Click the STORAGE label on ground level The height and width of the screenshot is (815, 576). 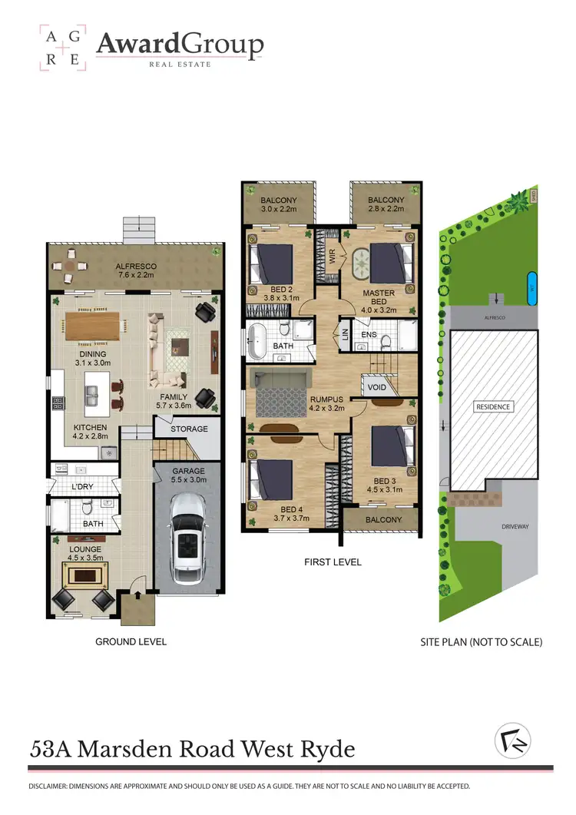[x=188, y=429]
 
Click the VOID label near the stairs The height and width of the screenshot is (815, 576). [x=377, y=388]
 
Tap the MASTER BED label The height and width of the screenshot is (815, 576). [x=379, y=297]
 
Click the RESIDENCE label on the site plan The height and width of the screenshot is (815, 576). [x=493, y=406]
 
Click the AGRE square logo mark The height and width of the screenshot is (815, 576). [x=63, y=48]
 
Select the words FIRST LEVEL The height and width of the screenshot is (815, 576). [x=332, y=562]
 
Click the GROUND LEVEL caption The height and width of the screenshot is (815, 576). [x=131, y=641]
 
